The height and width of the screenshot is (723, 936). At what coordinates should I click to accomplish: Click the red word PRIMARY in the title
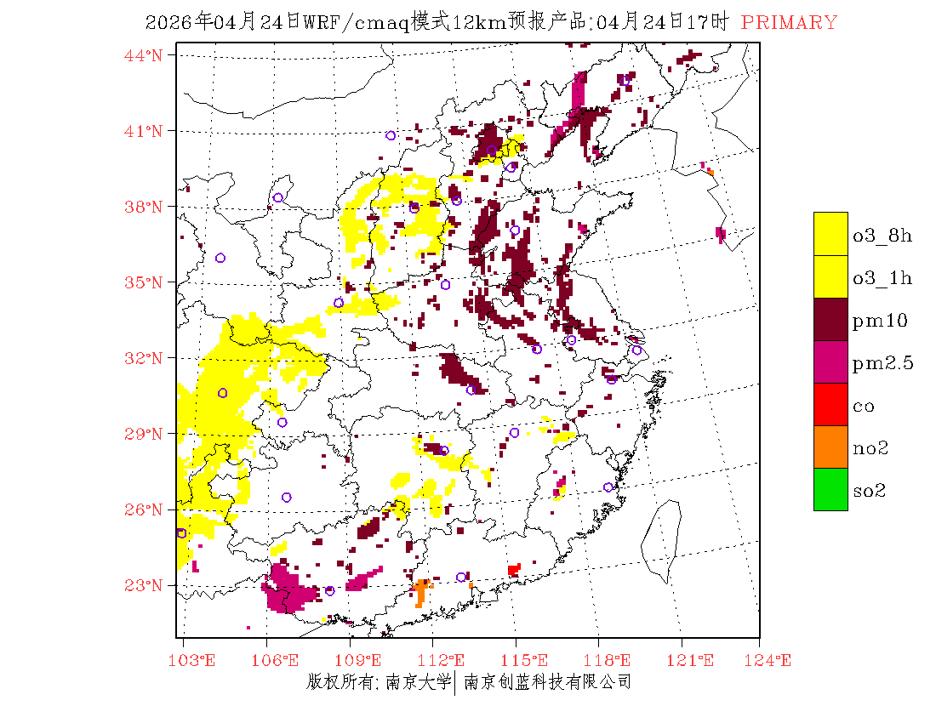(789, 23)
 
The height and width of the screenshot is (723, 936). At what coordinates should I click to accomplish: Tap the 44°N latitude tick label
(144, 55)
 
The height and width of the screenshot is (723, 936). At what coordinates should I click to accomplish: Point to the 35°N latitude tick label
(144, 282)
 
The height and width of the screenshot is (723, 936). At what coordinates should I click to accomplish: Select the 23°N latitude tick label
(144, 585)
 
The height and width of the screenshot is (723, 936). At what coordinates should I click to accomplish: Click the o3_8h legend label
(882, 235)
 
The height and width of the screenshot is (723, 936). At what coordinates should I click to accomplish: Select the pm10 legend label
(880, 320)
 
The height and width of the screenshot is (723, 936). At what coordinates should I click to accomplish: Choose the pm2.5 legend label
(882, 363)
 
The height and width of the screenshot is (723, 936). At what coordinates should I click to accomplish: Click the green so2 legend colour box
(830, 489)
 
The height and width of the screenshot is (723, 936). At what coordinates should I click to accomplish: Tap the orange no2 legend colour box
(830, 447)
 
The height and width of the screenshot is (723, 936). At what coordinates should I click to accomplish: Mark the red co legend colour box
(830, 404)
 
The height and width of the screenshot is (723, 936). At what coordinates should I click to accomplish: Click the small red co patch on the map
(513, 569)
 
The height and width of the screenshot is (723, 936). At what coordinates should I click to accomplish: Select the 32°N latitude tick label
(144, 358)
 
